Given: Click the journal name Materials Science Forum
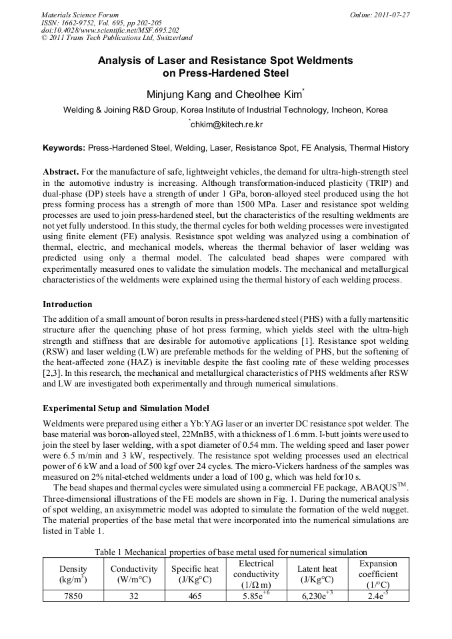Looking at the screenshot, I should (x=80, y=14).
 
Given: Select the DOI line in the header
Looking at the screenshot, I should (x=110, y=30).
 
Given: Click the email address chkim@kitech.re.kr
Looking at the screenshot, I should (x=226, y=125).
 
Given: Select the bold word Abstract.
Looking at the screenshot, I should (x=61, y=171).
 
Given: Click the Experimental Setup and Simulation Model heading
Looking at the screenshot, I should (x=126, y=408).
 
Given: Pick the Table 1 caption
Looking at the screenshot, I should (x=231, y=552).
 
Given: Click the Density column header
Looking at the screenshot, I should (x=73, y=574).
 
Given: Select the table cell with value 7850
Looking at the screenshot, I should (x=73, y=596).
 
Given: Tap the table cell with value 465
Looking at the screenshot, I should (x=195, y=596).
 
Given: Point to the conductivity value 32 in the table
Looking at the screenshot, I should (x=134, y=596).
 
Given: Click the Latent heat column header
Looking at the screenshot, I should (x=317, y=574).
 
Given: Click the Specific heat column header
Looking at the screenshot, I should (x=195, y=574).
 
